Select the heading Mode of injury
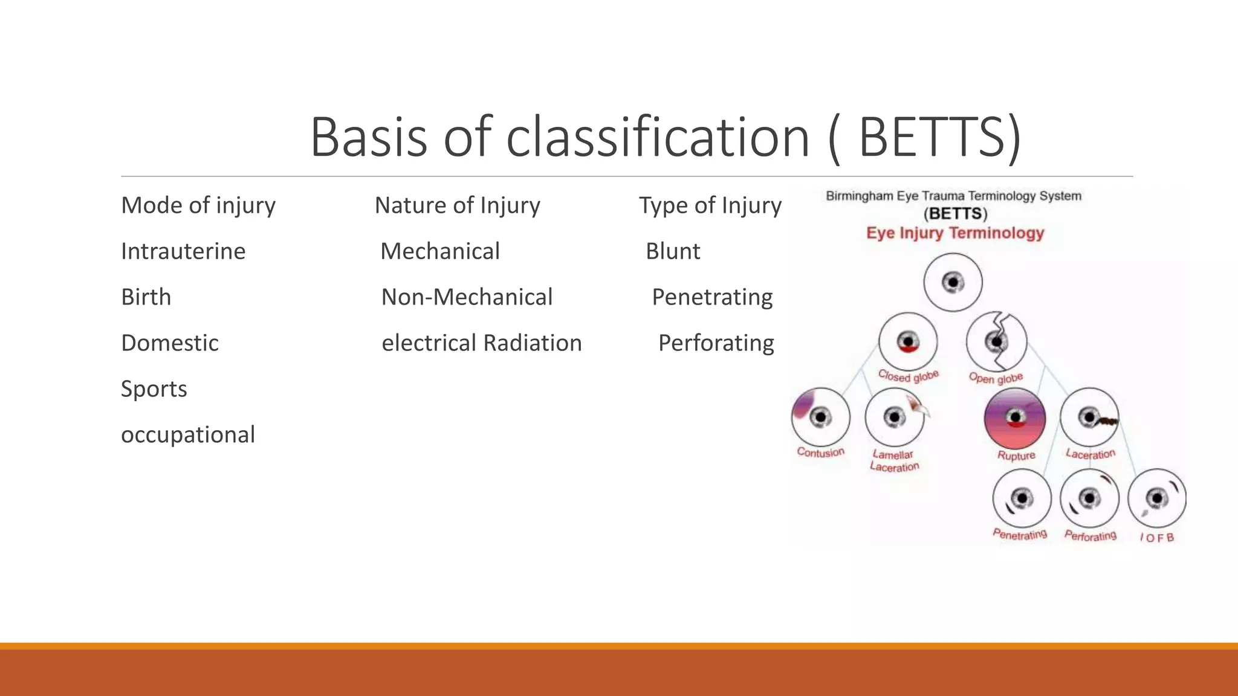click(198, 205)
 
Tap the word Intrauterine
click(183, 251)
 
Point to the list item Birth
click(146, 297)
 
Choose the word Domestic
click(170, 343)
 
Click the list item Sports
click(154, 389)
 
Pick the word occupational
click(188, 435)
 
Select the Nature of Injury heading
click(458, 205)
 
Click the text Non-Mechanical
click(467, 297)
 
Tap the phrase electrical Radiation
click(482, 343)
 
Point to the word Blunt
click(673, 251)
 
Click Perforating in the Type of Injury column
click(716, 343)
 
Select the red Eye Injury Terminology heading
click(955, 233)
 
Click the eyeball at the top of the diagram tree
click(953, 282)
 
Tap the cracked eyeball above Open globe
click(996, 341)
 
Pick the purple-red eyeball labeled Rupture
click(1015, 418)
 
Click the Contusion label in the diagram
click(820, 452)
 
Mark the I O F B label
click(1157, 537)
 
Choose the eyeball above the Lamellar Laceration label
click(895, 417)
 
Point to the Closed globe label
click(908, 376)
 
